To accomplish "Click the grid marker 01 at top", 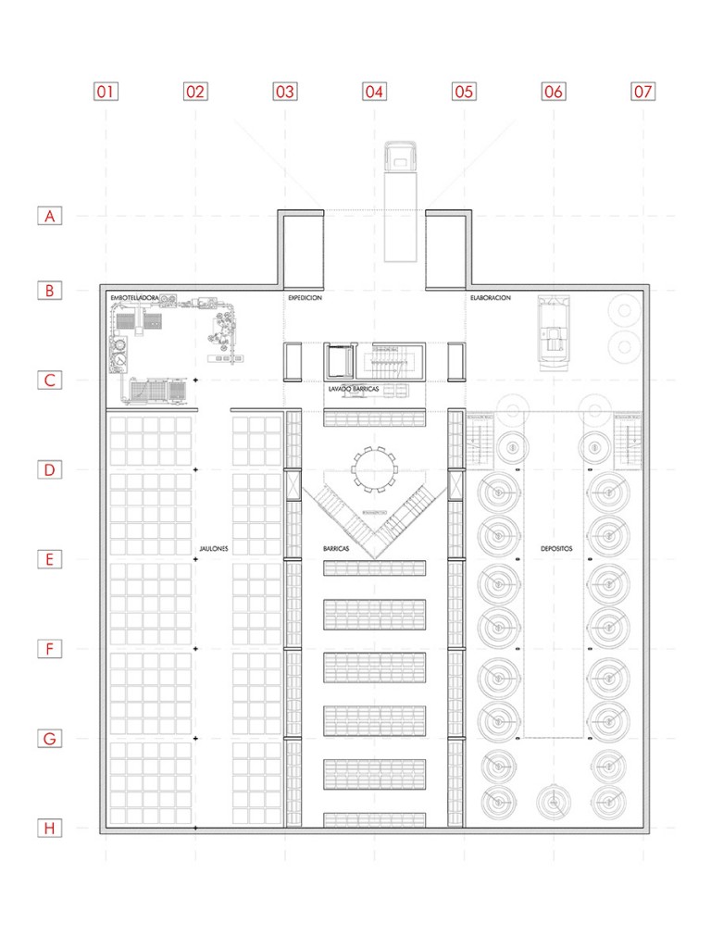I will pos(106,92).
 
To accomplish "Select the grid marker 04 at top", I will pos(374,92).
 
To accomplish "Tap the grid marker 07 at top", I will pos(642,92).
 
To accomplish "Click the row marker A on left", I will pos(50,216).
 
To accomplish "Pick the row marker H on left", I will pos(50,829).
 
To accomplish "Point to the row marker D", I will pos(50,469).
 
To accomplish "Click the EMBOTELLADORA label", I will pos(135,297).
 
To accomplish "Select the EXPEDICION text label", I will pos(305,298).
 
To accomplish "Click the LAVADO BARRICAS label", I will pos(354,390).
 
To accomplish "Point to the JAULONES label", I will pos(213,549).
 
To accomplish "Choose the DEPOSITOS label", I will pos(556,549).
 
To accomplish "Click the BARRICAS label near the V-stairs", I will pos(336,549).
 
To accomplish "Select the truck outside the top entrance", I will pos(400,199).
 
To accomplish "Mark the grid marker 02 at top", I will pos(195,92).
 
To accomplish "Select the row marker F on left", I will pos(50,649).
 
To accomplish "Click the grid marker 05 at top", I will pos(464,92).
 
